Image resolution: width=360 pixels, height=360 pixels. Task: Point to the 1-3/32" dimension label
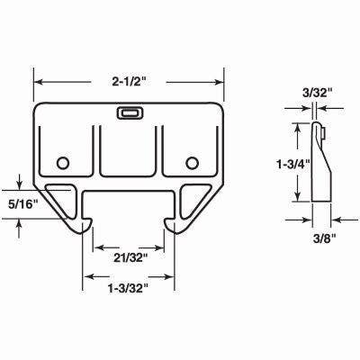(128, 288)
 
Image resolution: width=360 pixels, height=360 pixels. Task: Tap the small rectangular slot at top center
(128, 114)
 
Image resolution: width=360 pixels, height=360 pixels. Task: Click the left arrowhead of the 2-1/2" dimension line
(37, 82)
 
